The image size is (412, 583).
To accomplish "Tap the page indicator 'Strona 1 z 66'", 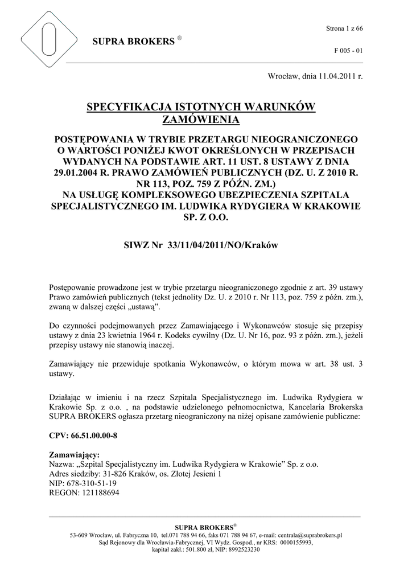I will point(344,28).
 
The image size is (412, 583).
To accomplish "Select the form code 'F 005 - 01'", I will point(348,51).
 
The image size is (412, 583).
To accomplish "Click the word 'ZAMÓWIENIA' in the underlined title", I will point(201,119).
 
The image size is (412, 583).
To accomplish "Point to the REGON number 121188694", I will point(100,492).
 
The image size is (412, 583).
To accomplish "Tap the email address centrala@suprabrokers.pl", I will point(306,535).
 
